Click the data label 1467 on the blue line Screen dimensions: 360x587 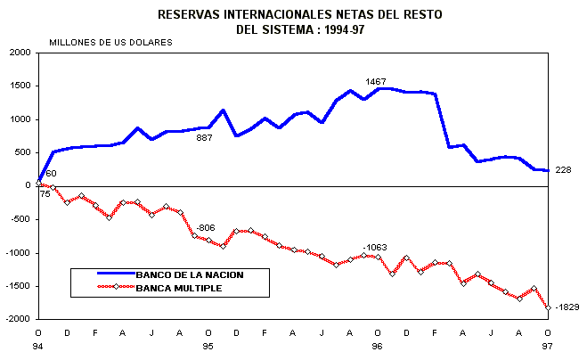click(376, 82)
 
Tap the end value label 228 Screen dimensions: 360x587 click(563, 170)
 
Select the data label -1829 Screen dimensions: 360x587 click(567, 307)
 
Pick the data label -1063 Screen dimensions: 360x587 click(375, 246)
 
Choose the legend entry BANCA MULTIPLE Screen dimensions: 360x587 click(178, 289)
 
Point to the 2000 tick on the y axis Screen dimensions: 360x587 click(20, 53)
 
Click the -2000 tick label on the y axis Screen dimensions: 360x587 click(18, 319)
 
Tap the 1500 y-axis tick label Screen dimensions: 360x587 click(20, 86)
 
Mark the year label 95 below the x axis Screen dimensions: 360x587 click(208, 346)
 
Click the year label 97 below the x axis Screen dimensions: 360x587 click(547, 346)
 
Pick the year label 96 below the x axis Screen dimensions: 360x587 click(377, 346)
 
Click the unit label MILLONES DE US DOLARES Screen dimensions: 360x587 click(111, 42)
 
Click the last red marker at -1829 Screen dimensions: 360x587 click(547, 307)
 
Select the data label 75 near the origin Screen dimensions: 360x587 click(45, 193)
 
